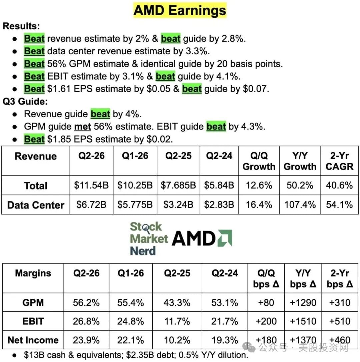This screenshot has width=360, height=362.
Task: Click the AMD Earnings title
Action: tap(180, 10)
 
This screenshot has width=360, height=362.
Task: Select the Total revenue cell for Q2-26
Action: tap(91, 185)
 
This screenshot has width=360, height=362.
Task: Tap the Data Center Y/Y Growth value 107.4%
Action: tap(300, 205)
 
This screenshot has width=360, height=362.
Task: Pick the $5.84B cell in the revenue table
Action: tap(219, 185)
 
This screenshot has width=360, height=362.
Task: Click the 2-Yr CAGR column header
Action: tap(339, 161)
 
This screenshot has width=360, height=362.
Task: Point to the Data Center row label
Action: tap(36, 205)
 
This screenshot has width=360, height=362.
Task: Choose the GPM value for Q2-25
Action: tap(177, 303)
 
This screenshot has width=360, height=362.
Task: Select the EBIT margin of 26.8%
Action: tap(86, 321)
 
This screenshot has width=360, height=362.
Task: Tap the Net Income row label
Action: tap(33, 340)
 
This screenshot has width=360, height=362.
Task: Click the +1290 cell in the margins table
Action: tap(303, 303)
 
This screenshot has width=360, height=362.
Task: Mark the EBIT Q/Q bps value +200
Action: tap(266, 321)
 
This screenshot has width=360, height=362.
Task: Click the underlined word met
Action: tap(83, 127)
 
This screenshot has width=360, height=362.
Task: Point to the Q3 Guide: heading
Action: tap(25, 102)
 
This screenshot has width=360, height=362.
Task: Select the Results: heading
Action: tap(21, 26)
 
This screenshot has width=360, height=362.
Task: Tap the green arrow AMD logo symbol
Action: tap(225, 238)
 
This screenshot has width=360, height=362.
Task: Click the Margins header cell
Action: tap(33, 273)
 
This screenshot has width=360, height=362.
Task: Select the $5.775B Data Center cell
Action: tap(135, 205)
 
